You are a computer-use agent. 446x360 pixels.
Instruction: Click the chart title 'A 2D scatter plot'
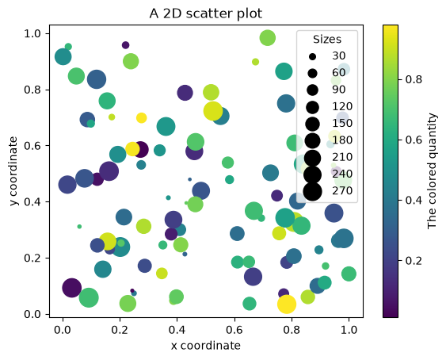point(205,13)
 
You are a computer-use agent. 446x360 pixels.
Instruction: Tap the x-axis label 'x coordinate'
point(206,346)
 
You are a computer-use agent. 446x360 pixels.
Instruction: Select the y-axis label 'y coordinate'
point(13,171)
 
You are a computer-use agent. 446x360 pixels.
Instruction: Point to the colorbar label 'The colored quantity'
point(432,171)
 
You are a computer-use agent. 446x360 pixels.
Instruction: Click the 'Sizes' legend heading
point(327,40)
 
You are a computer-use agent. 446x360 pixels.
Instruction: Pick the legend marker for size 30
point(313,56)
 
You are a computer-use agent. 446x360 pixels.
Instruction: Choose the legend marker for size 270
point(313,192)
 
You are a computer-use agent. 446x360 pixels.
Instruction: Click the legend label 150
point(342,123)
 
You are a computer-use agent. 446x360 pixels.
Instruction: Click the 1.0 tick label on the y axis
point(32,33)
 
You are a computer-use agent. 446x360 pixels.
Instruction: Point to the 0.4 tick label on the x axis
point(177,330)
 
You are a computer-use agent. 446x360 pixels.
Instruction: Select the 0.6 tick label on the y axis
point(32,146)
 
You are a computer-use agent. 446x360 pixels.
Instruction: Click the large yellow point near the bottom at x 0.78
point(287,304)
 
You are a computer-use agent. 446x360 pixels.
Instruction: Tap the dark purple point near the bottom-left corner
point(71,288)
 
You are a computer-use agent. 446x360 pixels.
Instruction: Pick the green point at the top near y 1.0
point(268,37)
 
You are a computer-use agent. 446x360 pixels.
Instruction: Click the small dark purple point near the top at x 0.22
point(125,45)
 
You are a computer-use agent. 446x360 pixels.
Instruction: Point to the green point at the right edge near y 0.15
point(349,274)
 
